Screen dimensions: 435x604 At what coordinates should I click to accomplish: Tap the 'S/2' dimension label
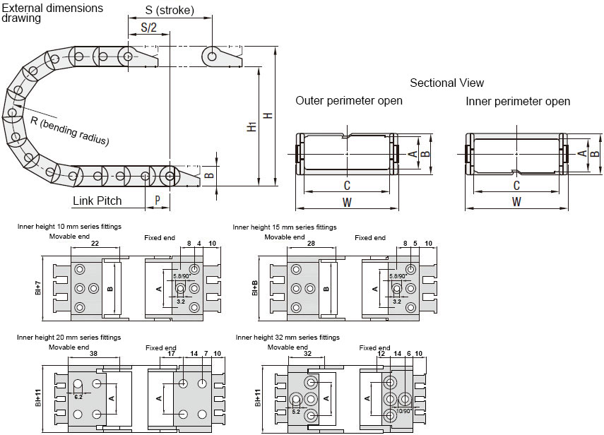(x=148, y=28)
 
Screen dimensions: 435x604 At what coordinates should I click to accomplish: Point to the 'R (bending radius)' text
(x=70, y=131)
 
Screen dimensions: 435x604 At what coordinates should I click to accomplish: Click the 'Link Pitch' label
(x=97, y=201)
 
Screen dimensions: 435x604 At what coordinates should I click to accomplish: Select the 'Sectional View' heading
(x=446, y=83)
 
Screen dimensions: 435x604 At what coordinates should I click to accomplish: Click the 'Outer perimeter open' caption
(x=349, y=100)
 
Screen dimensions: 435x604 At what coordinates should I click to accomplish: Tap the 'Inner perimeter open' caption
(x=518, y=101)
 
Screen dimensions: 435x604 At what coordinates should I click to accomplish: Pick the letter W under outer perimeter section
(x=347, y=202)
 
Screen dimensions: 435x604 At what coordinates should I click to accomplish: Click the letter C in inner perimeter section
(x=516, y=186)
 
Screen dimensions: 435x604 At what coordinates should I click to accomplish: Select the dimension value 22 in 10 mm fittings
(x=94, y=244)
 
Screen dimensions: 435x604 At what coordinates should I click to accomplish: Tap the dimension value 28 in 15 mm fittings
(x=310, y=244)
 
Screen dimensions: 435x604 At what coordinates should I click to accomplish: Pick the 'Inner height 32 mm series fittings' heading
(x=288, y=338)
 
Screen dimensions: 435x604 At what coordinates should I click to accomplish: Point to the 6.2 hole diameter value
(x=79, y=397)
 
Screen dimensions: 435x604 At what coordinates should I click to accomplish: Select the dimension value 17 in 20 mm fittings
(x=171, y=354)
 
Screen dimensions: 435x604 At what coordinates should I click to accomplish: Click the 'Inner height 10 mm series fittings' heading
(x=69, y=227)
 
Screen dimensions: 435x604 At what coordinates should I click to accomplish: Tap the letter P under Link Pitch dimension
(x=158, y=200)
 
